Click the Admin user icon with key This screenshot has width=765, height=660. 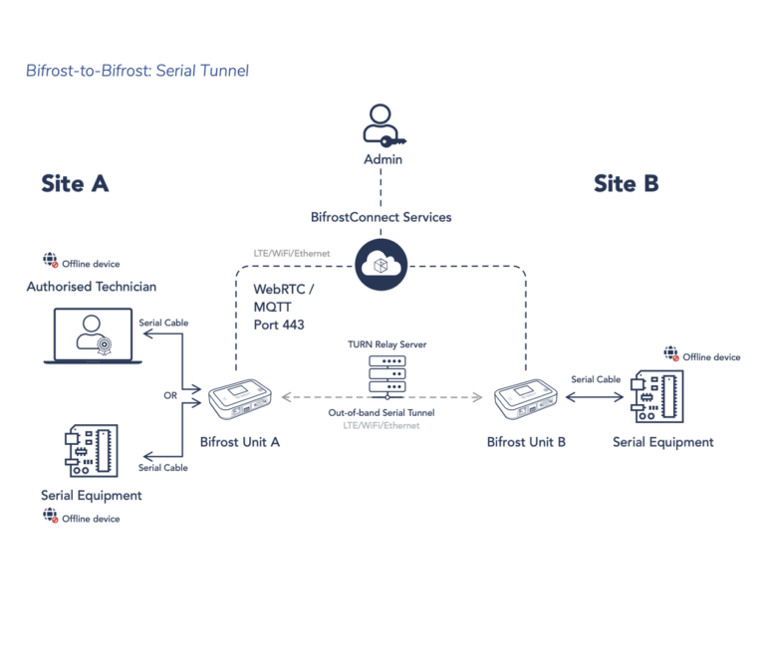[382, 126]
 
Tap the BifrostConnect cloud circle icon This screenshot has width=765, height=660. [382, 264]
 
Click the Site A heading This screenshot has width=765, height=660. [75, 184]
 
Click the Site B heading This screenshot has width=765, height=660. [626, 184]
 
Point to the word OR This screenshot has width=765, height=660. [170, 395]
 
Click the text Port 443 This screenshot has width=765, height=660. [279, 325]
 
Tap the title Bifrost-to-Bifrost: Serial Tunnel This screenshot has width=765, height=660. [137, 71]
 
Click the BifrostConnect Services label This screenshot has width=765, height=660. [382, 216]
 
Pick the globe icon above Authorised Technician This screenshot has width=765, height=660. [50, 261]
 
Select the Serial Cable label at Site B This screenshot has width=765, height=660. [596, 379]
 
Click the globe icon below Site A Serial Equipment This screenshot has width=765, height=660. [50, 516]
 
